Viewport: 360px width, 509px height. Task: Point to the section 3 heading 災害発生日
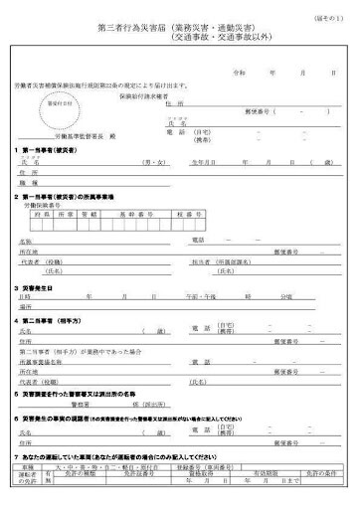point(40,286)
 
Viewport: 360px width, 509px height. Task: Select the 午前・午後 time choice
point(213,296)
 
